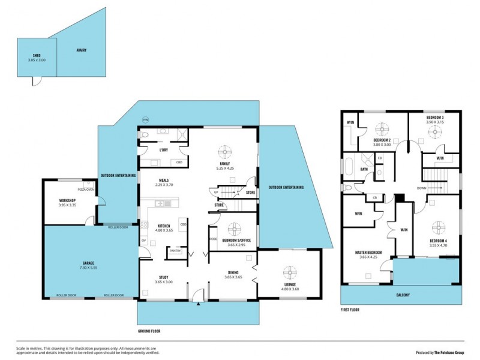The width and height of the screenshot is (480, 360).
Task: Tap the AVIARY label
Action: click(82, 50)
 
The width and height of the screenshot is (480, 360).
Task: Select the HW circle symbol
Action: click(145, 120)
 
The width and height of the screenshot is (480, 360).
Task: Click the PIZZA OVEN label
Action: click(86, 190)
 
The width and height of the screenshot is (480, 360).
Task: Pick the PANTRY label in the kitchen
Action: click(175, 251)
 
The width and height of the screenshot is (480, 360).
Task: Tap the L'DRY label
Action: click(163, 150)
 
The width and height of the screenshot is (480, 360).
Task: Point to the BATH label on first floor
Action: click(364, 169)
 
